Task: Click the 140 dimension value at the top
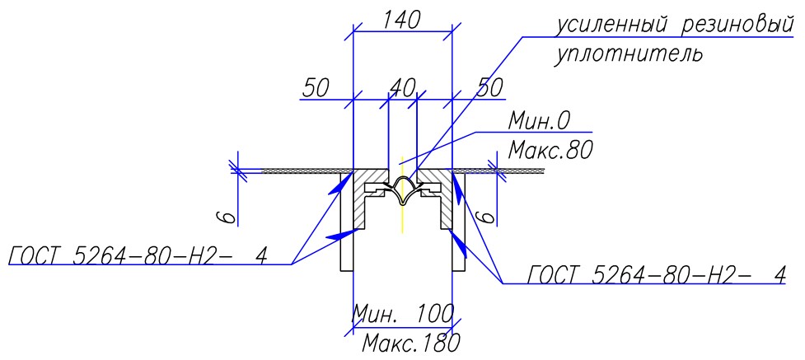click(402, 20)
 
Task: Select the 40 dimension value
click(402, 88)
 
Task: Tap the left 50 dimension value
click(315, 88)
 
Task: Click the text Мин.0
click(539, 122)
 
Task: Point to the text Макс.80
click(550, 151)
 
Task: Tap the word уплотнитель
click(628, 54)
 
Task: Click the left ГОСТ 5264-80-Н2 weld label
click(138, 255)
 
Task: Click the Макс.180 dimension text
click(410, 343)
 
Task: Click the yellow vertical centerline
click(403, 194)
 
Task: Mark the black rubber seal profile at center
click(403, 191)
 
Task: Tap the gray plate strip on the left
click(308, 171)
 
